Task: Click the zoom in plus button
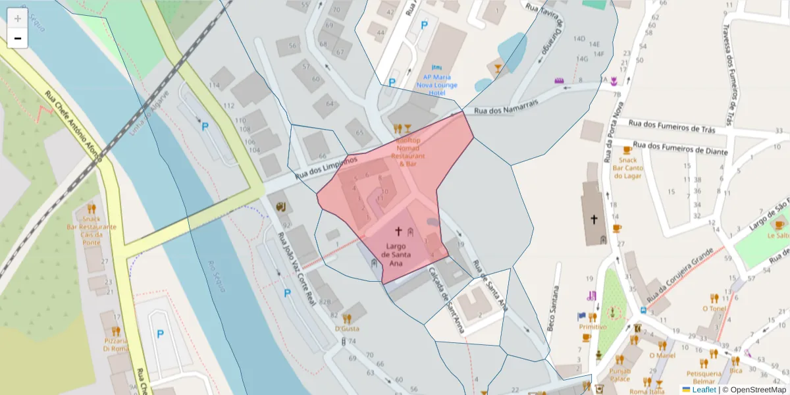18,18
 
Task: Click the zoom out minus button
18,38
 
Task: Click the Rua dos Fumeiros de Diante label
680,147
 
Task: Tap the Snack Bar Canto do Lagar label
628,168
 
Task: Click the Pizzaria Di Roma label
116,344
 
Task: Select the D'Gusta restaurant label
347,328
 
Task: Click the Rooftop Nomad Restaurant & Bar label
408,152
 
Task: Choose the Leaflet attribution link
704,390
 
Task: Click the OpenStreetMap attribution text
758,390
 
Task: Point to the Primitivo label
592,327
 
